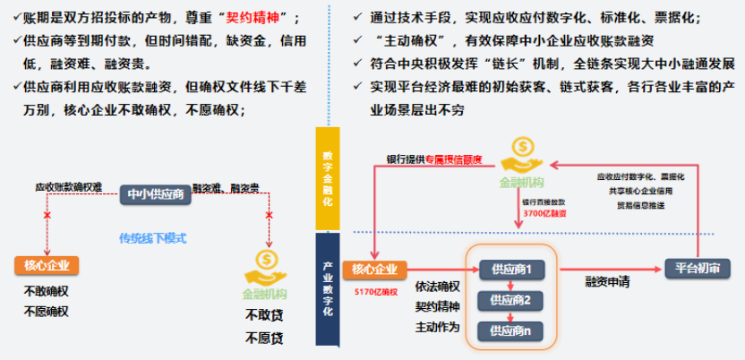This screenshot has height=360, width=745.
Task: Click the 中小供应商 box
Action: click(x=155, y=193)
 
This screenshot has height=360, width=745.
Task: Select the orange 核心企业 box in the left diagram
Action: click(x=47, y=265)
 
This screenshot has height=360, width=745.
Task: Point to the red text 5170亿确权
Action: click(x=375, y=292)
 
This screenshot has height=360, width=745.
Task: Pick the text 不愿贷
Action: click(x=264, y=338)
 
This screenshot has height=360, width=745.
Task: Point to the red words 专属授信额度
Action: click(x=453, y=159)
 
